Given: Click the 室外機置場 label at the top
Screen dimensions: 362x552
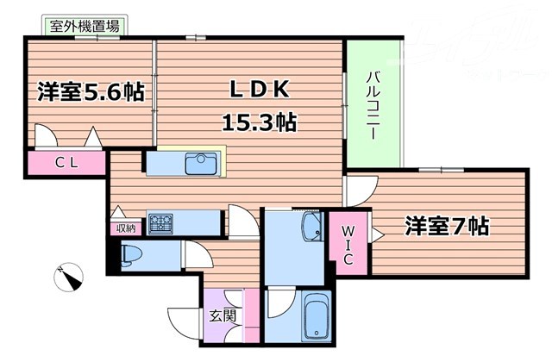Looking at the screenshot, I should point(85,26).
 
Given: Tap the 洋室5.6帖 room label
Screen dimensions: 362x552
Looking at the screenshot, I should point(91,90).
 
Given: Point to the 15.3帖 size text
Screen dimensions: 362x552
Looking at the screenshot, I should point(260,122).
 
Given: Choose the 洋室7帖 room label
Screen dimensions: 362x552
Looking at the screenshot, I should point(448,227).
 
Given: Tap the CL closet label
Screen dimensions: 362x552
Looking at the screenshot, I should point(68,162).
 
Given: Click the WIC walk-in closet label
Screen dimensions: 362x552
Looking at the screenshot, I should point(349,244).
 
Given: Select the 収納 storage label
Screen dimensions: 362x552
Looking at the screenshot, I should point(126,228).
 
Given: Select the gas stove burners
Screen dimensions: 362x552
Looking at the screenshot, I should point(160,223).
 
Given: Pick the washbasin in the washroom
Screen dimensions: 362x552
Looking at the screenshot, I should point(311,230).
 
